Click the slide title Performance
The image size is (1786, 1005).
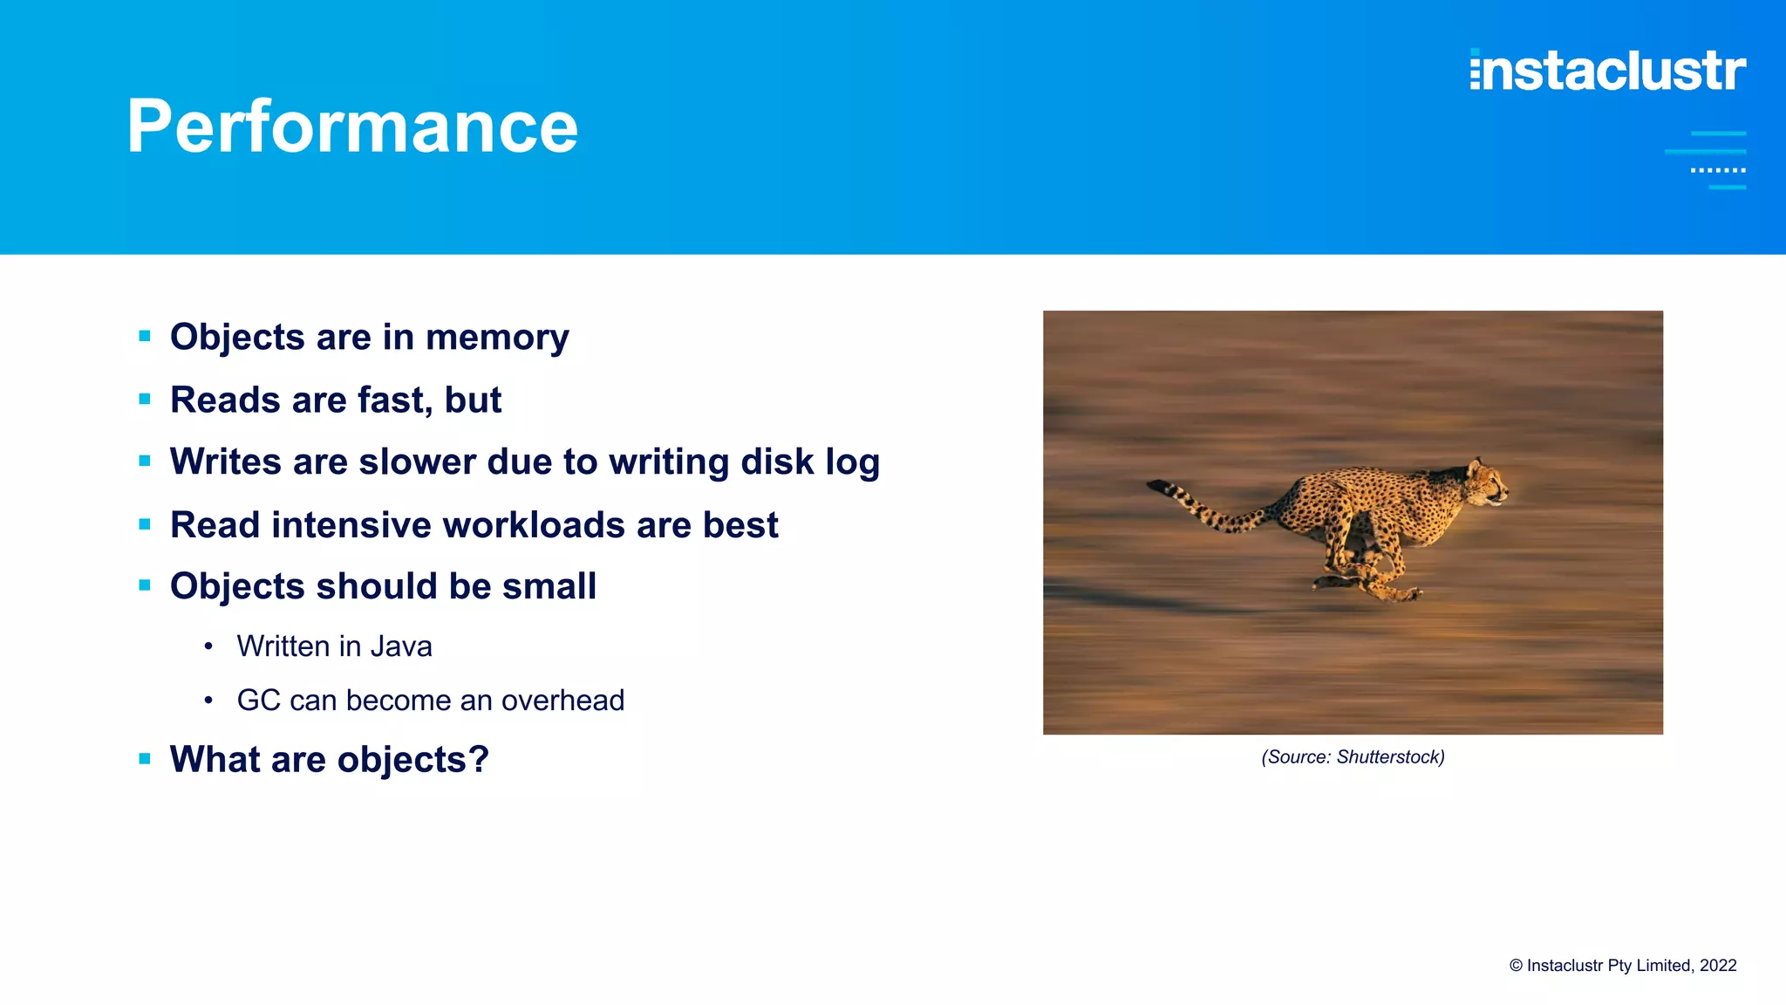click(x=352, y=126)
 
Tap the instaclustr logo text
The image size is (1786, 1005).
click(x=1607, y=71)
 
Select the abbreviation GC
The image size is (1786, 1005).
click(x=258, y=701)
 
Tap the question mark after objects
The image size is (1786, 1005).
click(x=479, y=760)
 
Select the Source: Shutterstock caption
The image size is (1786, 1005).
click(x=1353, y=757)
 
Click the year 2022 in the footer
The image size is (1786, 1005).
click(x=1718, y=966)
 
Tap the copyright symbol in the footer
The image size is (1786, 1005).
click(x=1516, y=966)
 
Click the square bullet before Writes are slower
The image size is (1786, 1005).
click(x=145, y=461)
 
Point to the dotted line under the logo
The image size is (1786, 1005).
click(x=1718, y=170)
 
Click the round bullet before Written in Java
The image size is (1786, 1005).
click(x=208, y=647)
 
